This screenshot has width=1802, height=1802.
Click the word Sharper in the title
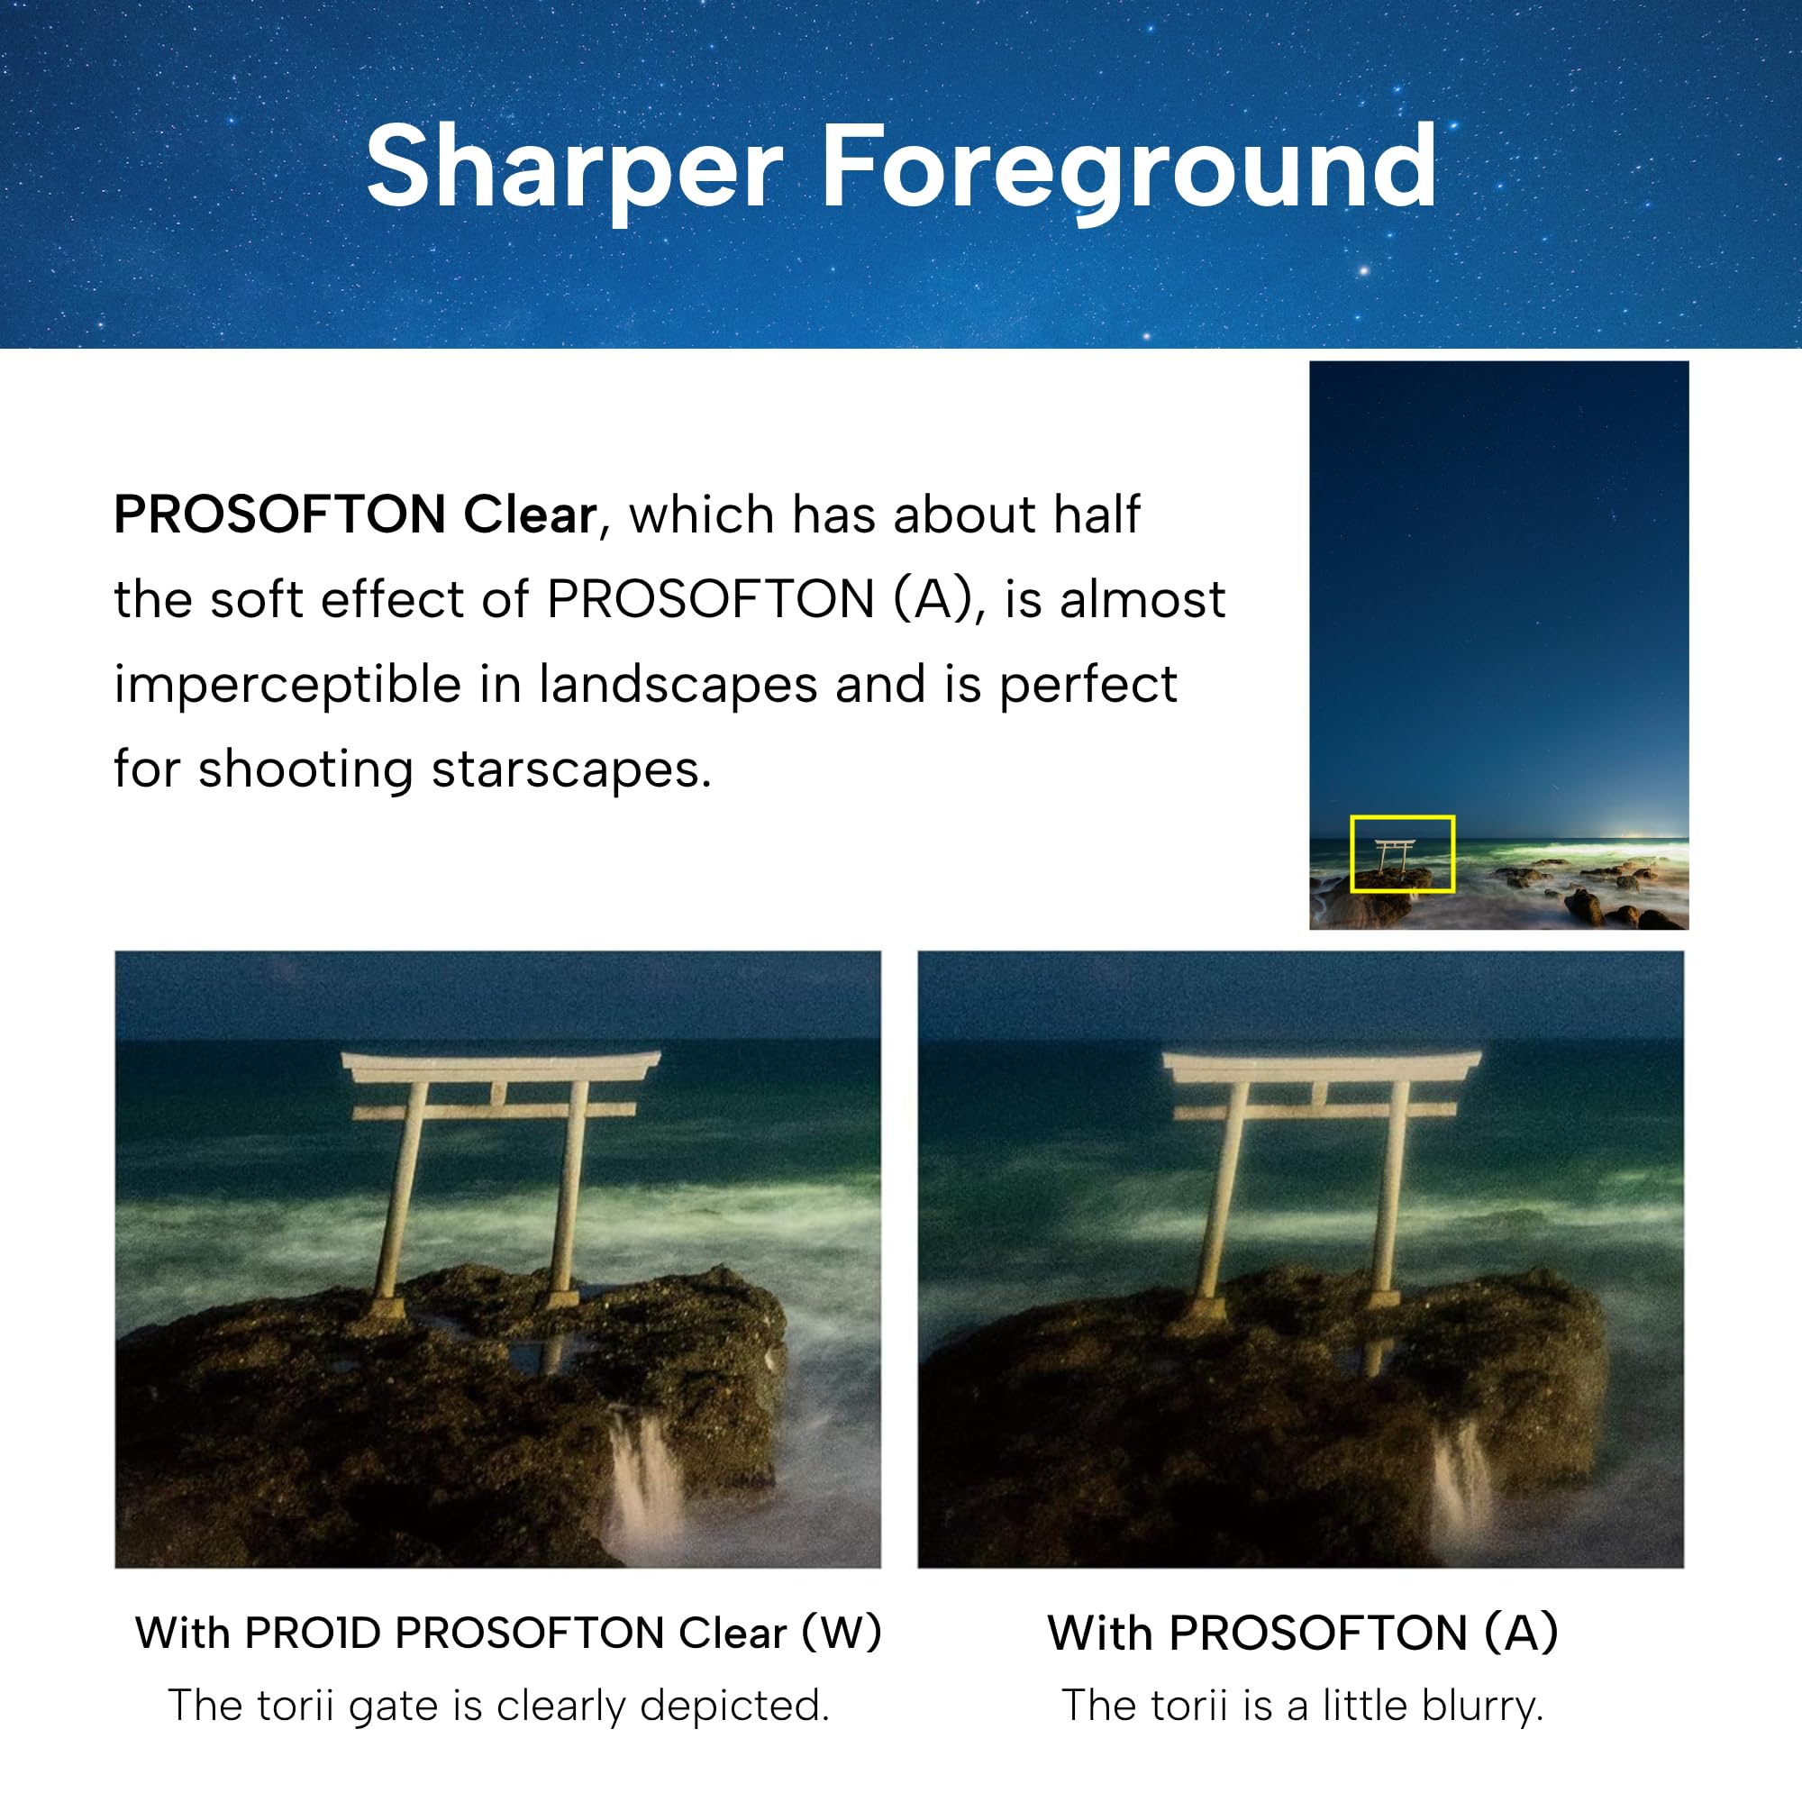(575, 170)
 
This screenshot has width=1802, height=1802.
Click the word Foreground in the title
(1129, 170)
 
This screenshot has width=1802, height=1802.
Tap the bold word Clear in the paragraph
(530, 514)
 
